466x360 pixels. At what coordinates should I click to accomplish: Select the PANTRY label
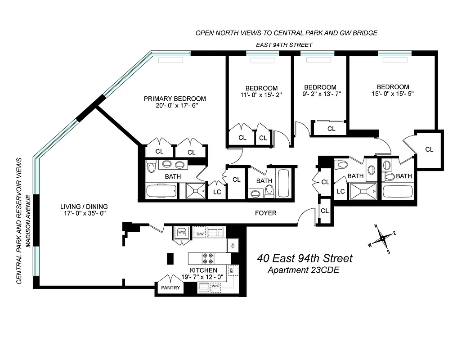click(x=170, y=288)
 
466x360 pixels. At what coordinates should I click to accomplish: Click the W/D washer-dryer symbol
click(x=182, y=233)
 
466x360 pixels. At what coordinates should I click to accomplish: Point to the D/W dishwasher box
click(x=199, y=233)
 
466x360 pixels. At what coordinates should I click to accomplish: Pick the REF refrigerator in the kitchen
click(x=233, y=246)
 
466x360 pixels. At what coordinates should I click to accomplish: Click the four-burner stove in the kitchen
click(x=207, y=258)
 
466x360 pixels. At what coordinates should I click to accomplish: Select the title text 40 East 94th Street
click(x=305, y=258)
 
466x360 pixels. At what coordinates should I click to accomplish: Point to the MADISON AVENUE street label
click(x=28, y=221)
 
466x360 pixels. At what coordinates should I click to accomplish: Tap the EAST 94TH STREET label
click(x=284, y=45)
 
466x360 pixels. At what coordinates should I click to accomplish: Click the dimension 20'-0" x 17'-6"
click(x=175, y=106)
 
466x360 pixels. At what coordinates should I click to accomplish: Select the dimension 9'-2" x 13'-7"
click(x=320, y=94)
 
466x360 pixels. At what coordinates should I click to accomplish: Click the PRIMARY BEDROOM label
click(x=175, y=99)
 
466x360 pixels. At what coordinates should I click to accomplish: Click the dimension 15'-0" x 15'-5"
click(x=393, y=94)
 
